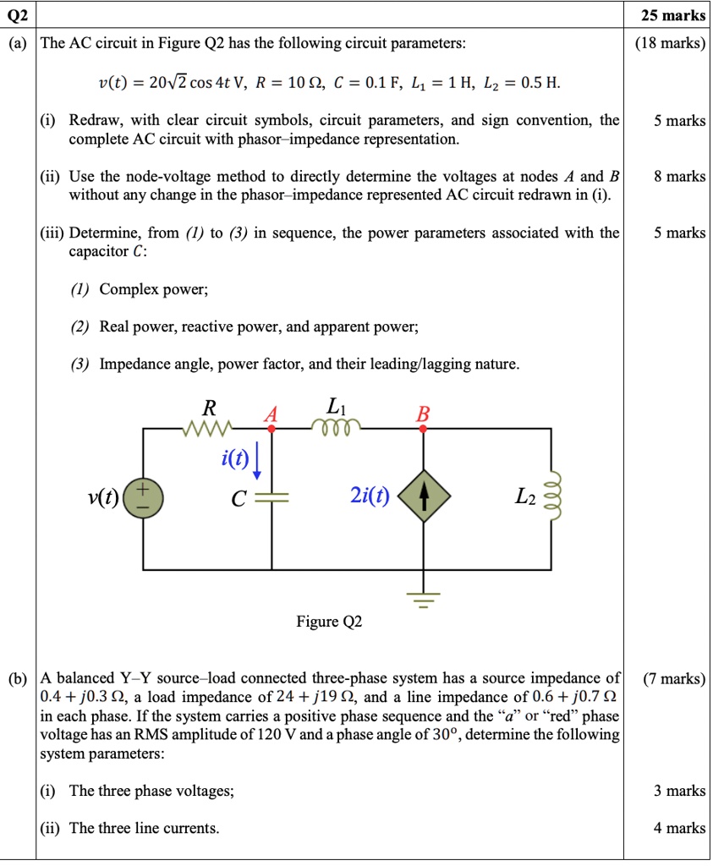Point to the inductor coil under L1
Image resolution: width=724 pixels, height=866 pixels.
point(337,426)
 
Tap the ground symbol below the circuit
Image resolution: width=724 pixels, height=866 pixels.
point(424,599)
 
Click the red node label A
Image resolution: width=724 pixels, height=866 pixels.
point(271,414)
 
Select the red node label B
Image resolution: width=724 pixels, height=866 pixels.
point(423,414)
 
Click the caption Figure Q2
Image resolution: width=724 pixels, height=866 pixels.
point(329,622)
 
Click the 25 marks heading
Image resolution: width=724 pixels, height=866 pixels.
point(673,14)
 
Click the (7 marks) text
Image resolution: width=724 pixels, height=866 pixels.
point(673,678)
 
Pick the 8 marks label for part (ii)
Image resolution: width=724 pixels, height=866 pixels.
point(679,177)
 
